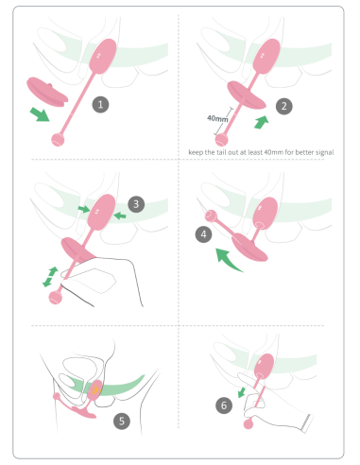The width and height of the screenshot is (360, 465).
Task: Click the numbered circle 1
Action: point(100,104)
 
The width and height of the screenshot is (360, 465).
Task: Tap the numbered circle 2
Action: point(284,106)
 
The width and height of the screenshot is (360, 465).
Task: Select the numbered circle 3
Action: point(136,204)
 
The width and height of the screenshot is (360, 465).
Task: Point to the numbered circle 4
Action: point(203,234)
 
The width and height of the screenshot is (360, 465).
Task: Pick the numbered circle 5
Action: point(122,422)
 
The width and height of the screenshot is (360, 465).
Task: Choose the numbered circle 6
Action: point(224,405)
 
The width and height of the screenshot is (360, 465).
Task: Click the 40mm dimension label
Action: point(217,118)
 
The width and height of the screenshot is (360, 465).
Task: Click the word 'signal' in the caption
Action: point(324,152)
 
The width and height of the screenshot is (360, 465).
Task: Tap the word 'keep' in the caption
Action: point(196,152)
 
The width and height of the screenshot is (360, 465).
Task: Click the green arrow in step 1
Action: point(40,114)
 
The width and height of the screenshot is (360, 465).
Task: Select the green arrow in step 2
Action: point(262,122)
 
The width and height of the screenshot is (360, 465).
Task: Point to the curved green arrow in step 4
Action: point(227,259)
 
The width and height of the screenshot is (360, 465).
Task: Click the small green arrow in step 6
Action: point(242,392)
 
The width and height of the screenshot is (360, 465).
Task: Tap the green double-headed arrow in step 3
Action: point(50,277)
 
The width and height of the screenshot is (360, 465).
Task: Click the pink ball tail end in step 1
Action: point(58,140)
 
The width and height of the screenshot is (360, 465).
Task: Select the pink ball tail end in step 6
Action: point(249,424)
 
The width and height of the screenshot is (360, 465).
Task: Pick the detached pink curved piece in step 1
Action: point(47,92)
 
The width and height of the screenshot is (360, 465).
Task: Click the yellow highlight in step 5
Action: point(95,389)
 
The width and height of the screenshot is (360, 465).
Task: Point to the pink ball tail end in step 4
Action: point(211,216)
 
